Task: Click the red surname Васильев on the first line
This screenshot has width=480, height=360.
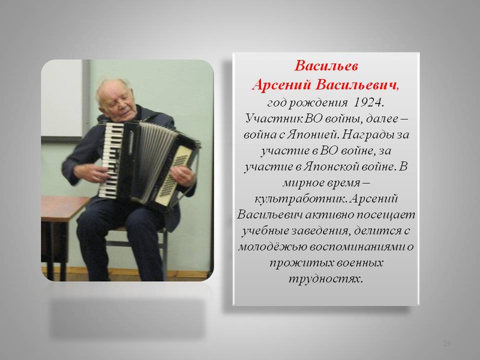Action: (326, 66)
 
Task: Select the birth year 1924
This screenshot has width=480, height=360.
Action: (368, 103)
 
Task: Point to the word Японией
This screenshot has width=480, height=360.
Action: (312, 134)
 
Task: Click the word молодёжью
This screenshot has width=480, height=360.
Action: (272, 247)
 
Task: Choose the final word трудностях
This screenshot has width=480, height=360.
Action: (326, 279)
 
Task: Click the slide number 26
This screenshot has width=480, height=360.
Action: (447, 343)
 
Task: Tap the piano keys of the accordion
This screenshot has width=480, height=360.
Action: (110, 159)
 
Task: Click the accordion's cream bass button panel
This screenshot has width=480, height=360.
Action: (173, 175)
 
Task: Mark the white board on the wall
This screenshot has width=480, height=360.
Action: (62, 98)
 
